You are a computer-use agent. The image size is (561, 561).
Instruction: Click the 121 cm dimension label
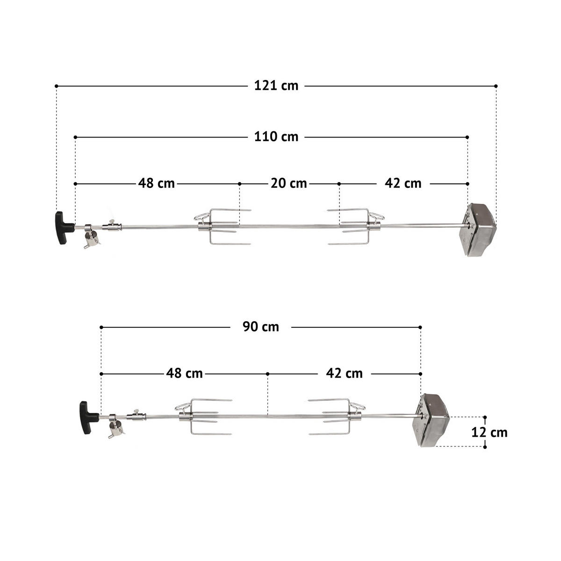pyautogui.click(x=276, y=86)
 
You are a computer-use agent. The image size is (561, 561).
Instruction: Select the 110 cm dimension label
pyautogui.click(x=276, y=137)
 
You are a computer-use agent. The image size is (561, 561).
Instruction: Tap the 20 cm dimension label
pyautogui.click(x=289, y=183)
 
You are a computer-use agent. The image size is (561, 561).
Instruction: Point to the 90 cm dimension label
pyautogui.click(x=260, y=327)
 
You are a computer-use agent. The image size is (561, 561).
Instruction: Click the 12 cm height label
pyautogui.click(x=489, y=432)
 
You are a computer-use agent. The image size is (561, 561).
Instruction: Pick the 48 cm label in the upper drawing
pyautogui.click(x=156, y=183)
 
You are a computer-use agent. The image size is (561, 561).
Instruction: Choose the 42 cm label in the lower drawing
pyautogui.click(x=344, y=374)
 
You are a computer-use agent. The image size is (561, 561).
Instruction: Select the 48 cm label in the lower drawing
pyautogui.click(x=184, y=374)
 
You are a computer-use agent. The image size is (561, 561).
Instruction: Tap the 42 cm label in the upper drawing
pyautogui.click(x=403, y=183)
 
